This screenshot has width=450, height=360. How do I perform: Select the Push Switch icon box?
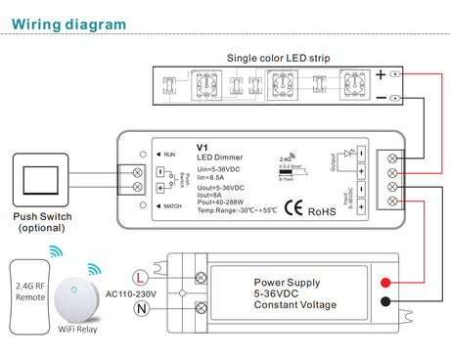click(37, 180)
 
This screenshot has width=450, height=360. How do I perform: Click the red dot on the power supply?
click(388, 283)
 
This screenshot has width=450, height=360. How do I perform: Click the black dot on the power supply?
click(388, 302)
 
